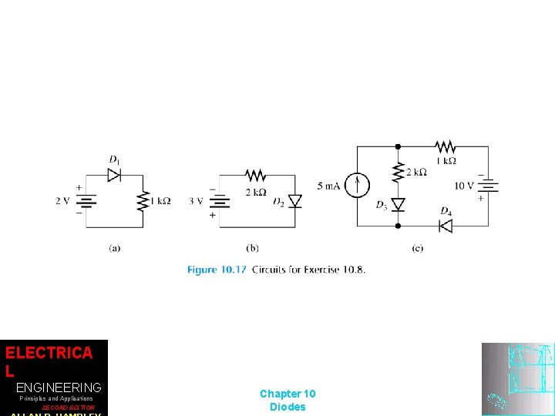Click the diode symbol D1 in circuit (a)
pyautogui.click(x=114, y=175)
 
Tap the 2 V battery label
pyautogui.click(x=63, y=201)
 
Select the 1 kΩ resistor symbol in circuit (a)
pyautogui.click(x=143, y=201)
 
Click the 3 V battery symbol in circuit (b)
pyautogui.click(x=221, y=201)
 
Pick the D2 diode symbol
pyautogui.click(x=294, y=201)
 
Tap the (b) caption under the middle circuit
pyautogui.click(x=253, y=248)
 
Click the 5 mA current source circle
pyautogui.click(x=357, y=186)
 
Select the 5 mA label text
pyautogui.click(x=328, y=186)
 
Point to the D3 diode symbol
pyautogui.click(x=398, y=204)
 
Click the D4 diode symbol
pyautogui.click(x=445, y=226)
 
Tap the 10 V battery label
pyautogui.click(x=464, y=186)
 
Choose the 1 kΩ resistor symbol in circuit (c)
pyautogui.click(x=445, y=146)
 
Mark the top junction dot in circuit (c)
pyautogui.click(x=398, y=146)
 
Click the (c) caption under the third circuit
pyautogui.click(x=418, y=248)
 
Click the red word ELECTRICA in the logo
pyautogui.click(x=49, y=353)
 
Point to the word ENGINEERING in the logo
pyautogui.click(x=59, y=387)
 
